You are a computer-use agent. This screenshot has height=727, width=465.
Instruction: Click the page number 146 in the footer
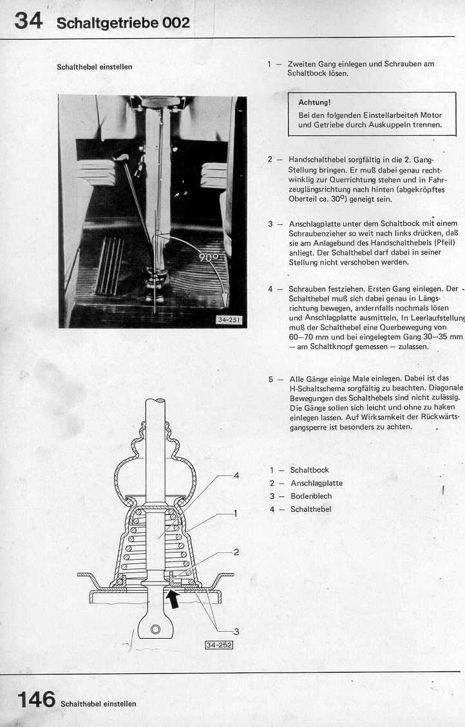[x=36, y=700]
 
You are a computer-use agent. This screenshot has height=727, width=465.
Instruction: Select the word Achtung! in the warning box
[x=314, y=102]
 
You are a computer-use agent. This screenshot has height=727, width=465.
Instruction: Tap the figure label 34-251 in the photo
[x=229, y=320]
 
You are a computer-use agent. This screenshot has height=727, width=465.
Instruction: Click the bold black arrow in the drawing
[x=173, y=600]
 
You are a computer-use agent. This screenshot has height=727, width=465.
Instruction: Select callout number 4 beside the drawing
[x=236, y=475]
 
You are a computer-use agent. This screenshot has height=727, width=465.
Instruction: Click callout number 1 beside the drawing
[x=236, y=513]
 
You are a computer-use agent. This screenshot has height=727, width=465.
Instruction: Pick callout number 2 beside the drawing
[x=236, y=552]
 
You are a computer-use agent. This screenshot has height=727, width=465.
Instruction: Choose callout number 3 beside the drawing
[x=236, y=631]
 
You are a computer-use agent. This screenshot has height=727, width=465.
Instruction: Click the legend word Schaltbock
[x=309, y=471]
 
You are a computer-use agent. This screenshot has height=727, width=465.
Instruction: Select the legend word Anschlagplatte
[x=316, y=484]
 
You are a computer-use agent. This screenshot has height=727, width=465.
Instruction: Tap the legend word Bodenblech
[x=311, y=496]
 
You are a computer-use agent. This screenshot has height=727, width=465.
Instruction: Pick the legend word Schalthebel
[x=310, y=509]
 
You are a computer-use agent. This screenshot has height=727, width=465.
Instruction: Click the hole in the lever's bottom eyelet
[x=155, y=628]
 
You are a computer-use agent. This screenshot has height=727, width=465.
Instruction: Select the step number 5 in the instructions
[x=272, y=379]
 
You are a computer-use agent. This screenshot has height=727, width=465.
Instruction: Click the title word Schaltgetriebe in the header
[x=108, y=24]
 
